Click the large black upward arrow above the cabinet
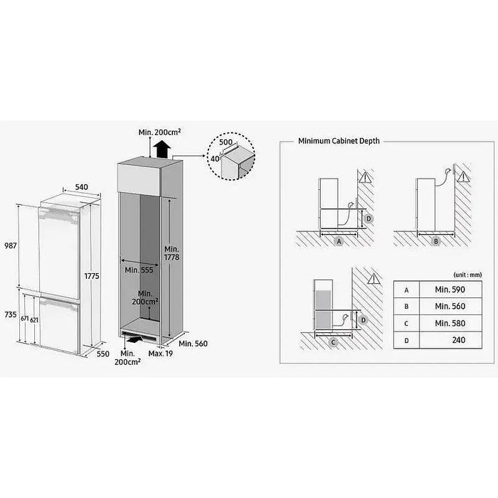161,150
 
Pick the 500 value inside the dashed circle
226,142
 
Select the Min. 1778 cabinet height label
172,253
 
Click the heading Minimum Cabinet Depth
339,142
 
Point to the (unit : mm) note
467,274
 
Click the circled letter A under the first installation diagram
339,242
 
